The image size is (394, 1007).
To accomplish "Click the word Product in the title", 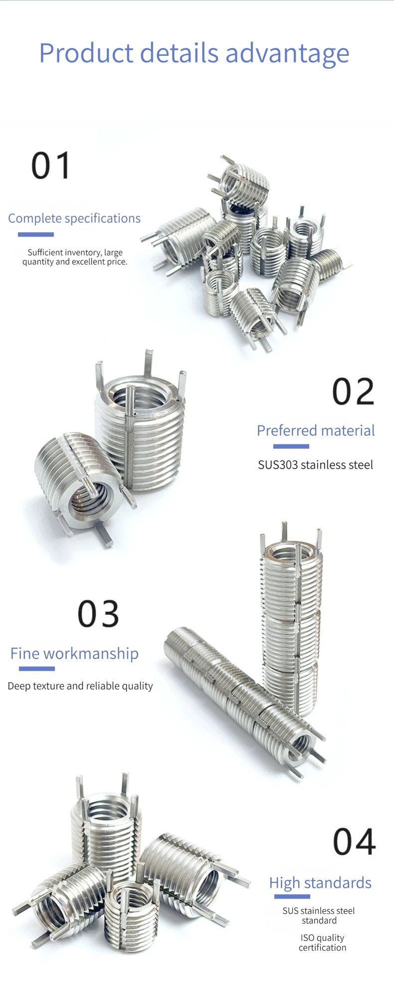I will (86, 53).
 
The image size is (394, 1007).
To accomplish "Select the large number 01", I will (51, 166).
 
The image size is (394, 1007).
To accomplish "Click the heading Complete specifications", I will (74, 218).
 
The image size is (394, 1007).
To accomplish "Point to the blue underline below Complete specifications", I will (36, 234).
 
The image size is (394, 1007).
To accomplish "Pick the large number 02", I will (353, 392).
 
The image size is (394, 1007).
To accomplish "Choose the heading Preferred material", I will (316, 430).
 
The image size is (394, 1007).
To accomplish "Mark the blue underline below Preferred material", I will (291, 446).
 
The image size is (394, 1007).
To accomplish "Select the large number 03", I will (98, 614).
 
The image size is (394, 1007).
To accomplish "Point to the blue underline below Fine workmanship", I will (36, 669).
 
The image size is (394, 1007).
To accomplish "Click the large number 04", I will (354, 842).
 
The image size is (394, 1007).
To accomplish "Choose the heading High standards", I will (320, 883).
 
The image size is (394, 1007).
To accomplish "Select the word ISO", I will (307, 938).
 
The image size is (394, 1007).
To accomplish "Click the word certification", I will (322, 948).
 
